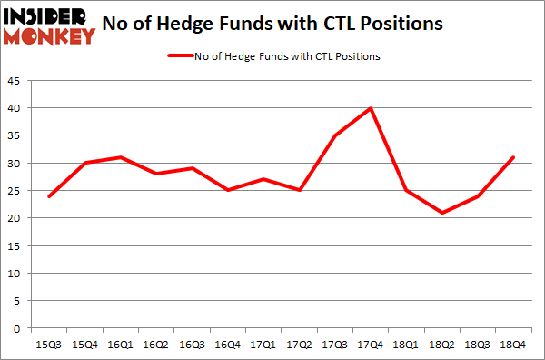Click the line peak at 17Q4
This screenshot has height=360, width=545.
tap(370, 108)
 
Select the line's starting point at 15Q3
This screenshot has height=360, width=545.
tap(49, 196)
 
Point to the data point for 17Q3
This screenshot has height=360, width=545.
tap(334, 135)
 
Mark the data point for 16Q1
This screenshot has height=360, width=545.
tap(119, 157)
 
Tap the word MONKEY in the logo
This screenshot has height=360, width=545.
tap(49, 36)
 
